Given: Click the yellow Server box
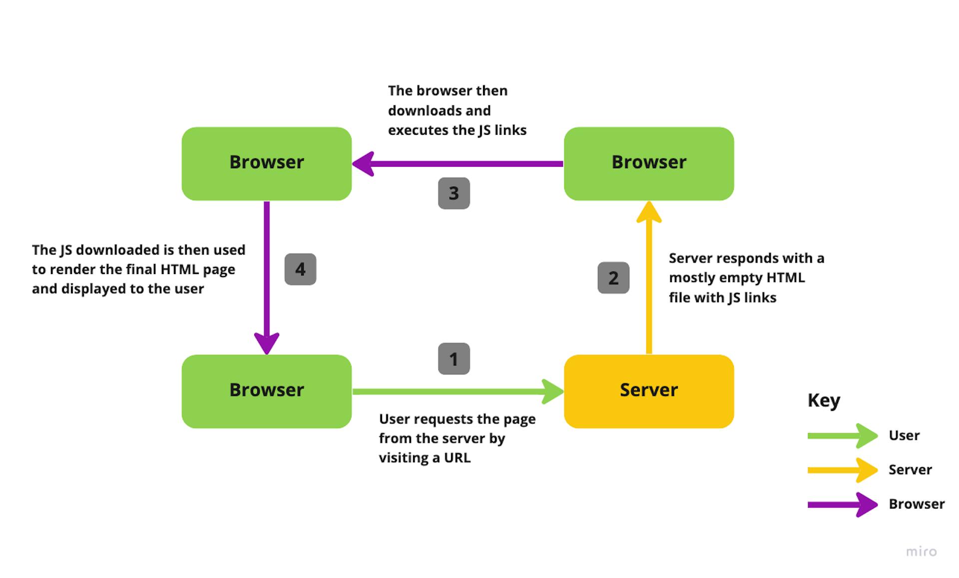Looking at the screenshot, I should coord(648,391).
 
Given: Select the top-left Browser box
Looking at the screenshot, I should coord(266,163).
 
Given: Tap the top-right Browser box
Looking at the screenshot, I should coord(648,163).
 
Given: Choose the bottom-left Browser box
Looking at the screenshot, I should coord(266,391).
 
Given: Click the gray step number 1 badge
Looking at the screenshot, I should coord(454,358).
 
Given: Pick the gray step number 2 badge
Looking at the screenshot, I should coord(613,278).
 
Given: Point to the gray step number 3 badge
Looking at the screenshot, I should coord(454,193).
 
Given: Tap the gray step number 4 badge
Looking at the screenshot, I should coord(300,269).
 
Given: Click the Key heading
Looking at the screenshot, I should coord(824,400).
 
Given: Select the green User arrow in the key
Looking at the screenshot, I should coord(842,436).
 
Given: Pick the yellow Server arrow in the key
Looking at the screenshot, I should coord(842,470).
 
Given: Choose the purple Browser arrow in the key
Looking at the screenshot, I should coord(842,505).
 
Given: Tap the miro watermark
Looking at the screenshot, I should coord(921,551).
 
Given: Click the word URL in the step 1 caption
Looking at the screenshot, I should coord(457,458).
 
